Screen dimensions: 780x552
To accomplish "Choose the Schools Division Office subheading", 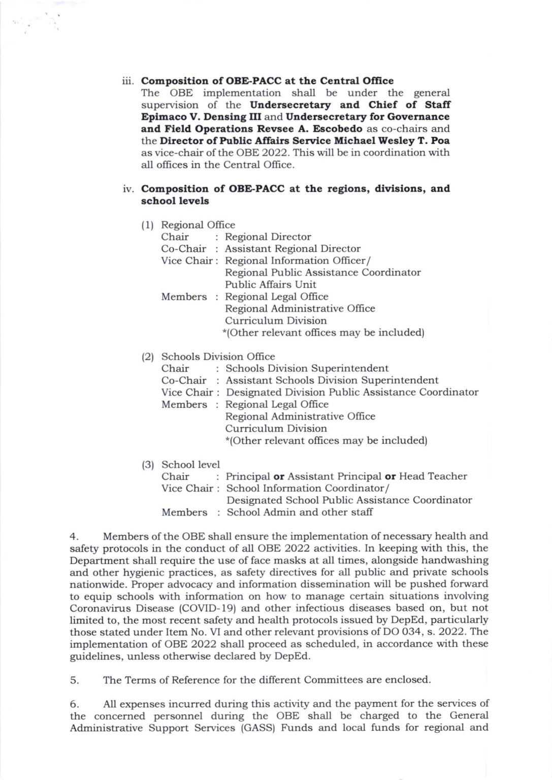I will pos(218,356).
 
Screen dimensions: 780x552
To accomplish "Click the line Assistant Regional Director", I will pos(293,249).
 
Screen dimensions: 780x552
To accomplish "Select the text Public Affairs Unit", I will pos(270,284).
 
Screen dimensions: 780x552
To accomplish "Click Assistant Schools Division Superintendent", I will pos(332,380).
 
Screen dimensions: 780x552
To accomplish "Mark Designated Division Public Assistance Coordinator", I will pos(352,393).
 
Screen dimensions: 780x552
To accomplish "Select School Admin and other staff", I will pos(300,512).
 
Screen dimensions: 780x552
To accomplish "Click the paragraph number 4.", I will pos(73,536).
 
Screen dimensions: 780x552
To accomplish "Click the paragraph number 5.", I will pos(73,680).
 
